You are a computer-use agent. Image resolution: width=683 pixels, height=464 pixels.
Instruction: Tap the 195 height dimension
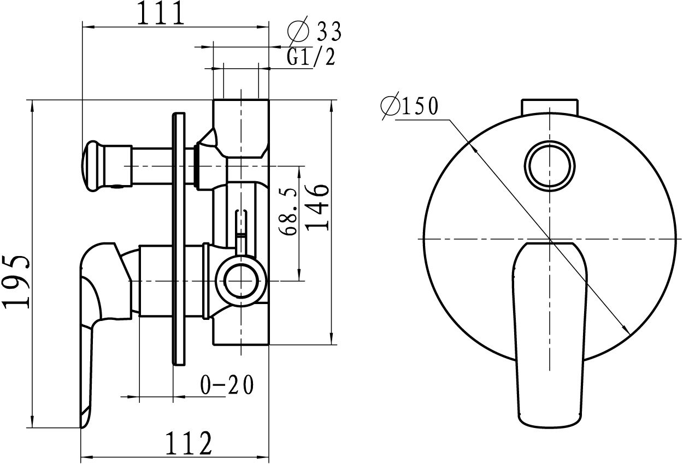click(x=16, y=281)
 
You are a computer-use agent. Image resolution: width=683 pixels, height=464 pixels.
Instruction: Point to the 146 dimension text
click(x=319, y=207)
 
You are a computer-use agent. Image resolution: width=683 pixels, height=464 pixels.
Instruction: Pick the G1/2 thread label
click(x=310, y=57)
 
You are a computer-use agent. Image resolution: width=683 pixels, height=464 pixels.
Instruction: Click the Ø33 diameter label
click(x=315, y=31)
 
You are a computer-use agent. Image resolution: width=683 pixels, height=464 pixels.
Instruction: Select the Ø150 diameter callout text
click(x=411, y=106)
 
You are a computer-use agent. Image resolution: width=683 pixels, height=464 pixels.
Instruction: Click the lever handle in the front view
click(x=550, y=333)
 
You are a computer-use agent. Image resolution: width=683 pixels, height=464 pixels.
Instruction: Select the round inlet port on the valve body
click(x=240, y=280)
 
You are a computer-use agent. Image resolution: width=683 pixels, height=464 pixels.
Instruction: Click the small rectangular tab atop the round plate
click(x=550, y=106)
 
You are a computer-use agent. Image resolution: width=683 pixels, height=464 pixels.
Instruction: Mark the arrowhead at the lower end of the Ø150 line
click(x=627, y=330)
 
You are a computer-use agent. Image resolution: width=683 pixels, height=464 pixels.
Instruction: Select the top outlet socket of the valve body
click(x=241, y=126)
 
